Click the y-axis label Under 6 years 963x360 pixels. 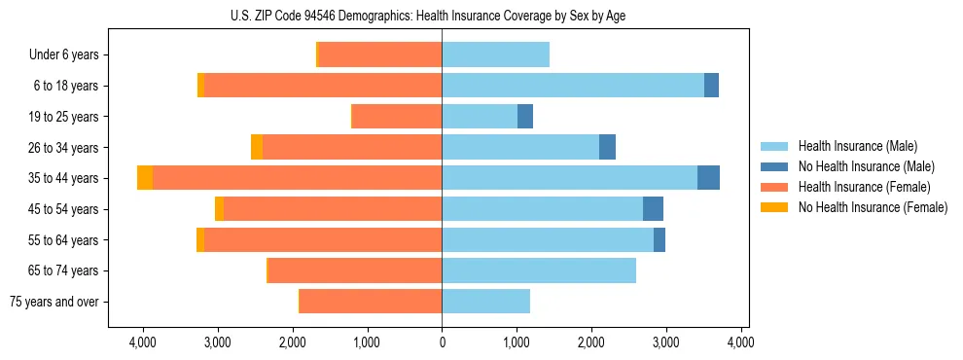click(x=63, y=54)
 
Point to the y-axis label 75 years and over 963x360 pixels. click(x=53, y=302)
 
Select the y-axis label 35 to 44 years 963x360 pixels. click(x=63, y=178)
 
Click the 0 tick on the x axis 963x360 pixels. click(x=442, y=342)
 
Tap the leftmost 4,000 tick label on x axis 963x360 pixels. click(x=142, y=342)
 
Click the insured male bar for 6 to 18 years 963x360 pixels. click(x=573, y=86)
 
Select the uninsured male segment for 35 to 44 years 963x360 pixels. click(x=708, y=178)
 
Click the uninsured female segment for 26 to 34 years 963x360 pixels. click(x=257, y=147)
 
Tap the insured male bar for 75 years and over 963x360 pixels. click(x=485, y=302)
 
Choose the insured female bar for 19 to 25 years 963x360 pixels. click(x=397, y=117)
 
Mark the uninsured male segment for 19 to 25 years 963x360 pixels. click(x=525, y=117)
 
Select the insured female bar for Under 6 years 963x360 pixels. click(x=379, y=54)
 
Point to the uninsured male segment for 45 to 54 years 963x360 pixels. click(x=653, y=209)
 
